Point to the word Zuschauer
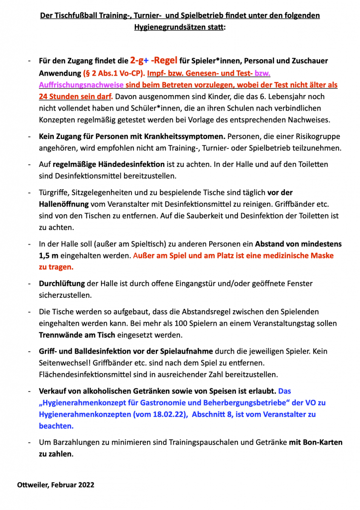click(309, 61)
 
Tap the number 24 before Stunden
click(44, 96)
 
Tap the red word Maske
click(321, 255)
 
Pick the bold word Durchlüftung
click(62, 283)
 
